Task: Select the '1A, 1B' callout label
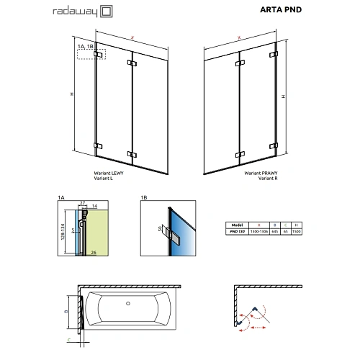click(85, 47)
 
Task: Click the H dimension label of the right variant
click(283, 96)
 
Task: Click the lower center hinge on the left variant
click(131, 154)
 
